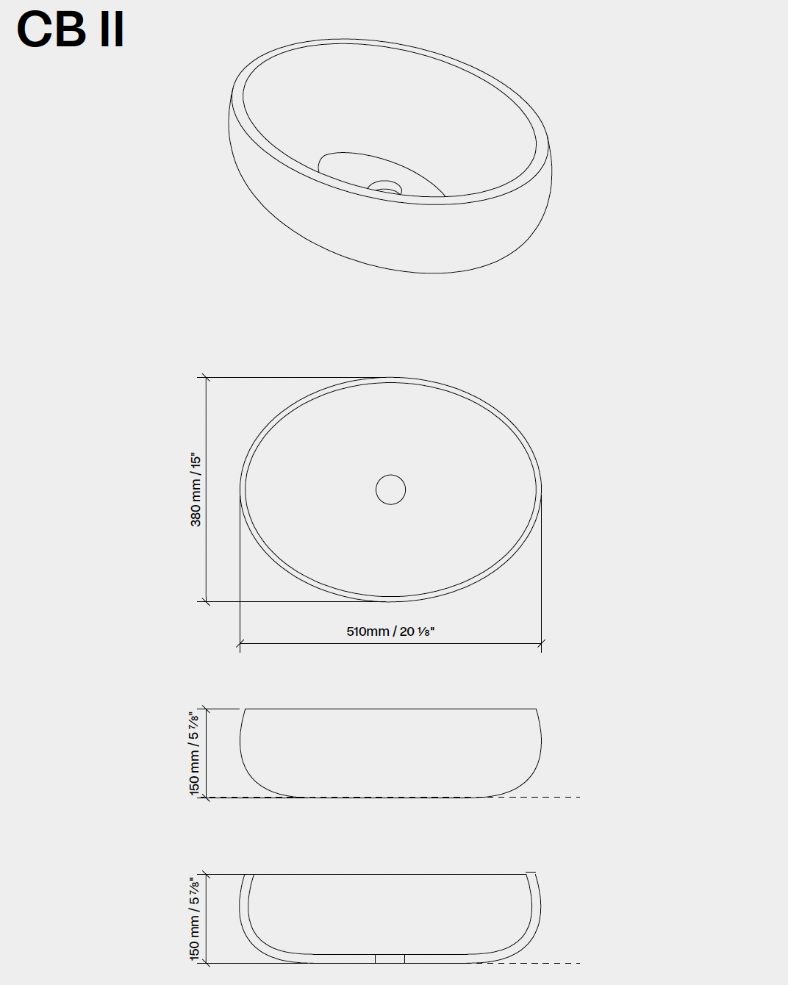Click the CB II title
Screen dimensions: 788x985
click(x=70, y=29)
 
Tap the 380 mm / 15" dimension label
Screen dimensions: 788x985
click(x=196, y=490)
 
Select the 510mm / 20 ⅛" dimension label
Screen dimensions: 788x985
click(x=390, y=631)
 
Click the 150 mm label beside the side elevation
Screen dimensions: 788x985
click(x=195, y=754)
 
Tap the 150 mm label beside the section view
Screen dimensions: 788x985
click(x=195, y=920)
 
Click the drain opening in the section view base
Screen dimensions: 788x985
click(x=390, y=959)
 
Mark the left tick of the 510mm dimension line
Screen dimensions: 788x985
click(x=240, y=643)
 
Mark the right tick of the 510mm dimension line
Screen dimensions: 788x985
click(x=541, y=643)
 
